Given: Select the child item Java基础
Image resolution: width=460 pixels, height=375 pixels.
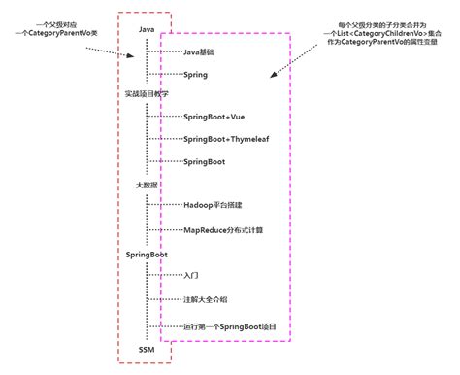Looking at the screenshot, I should [x=200, y=51].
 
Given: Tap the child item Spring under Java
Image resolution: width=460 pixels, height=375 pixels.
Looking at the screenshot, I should [x=195, y=74].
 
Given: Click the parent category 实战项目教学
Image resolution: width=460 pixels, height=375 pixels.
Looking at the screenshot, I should [x=146, y=95].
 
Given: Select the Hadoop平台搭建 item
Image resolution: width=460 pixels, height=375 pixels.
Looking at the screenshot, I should [x=215, y=206].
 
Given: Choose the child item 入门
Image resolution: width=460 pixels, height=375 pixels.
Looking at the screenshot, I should [x=191, y=276].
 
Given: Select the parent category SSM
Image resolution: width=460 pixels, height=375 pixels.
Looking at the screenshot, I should [x=146, y=348].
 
